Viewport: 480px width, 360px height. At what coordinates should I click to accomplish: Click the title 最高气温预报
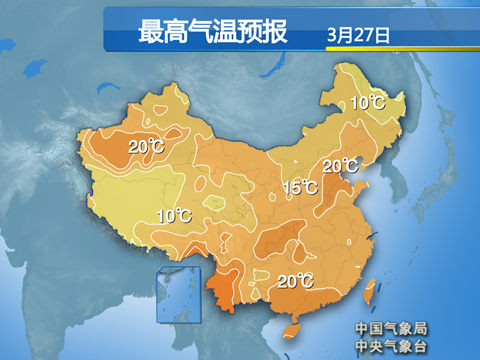click(212, 32)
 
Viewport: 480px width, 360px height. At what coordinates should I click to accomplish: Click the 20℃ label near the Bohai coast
click(340, 166)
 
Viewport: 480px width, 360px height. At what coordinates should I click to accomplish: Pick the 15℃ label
click(299, 187)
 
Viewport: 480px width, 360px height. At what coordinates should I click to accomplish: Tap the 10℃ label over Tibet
click(174, 215)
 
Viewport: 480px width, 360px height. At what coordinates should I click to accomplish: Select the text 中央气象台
click(390, 346)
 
